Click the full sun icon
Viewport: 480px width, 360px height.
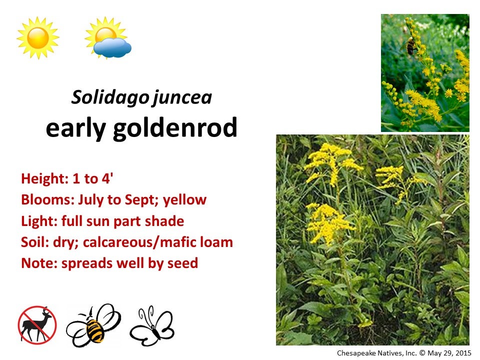(38, 37)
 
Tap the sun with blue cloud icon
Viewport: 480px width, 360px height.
(108, 39)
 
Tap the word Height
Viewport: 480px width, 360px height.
(39, 178)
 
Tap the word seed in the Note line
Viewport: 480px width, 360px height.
(184, 263)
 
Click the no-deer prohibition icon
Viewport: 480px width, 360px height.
(37, 325)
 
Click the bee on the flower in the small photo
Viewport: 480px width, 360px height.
(411, 46)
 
